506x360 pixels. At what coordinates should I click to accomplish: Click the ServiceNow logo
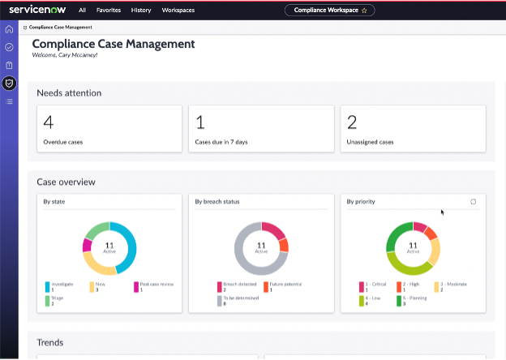[38, 10]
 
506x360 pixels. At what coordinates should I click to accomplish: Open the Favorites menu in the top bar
[109, 11]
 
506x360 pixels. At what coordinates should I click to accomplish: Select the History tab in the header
[141, 11]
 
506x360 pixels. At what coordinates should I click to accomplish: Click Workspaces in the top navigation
[178, 11]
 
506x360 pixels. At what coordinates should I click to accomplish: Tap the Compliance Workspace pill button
[329, 11]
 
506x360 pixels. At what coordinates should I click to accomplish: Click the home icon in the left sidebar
[9, 29]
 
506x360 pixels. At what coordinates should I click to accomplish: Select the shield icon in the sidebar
[9, 83]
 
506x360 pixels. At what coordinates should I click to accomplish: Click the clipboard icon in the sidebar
[9, 65]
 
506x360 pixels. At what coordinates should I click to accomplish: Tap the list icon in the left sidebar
[9, 101]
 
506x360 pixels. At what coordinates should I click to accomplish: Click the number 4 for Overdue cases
[48, 122]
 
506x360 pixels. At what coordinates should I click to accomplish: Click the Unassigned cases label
[370, 142]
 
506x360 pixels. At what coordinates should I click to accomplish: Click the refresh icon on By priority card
[473, 201]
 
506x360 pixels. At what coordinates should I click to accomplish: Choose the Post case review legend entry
[157, 285]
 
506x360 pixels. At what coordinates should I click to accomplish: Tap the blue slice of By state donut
[128, 243]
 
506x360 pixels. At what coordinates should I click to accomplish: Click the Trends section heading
[50, 343]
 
